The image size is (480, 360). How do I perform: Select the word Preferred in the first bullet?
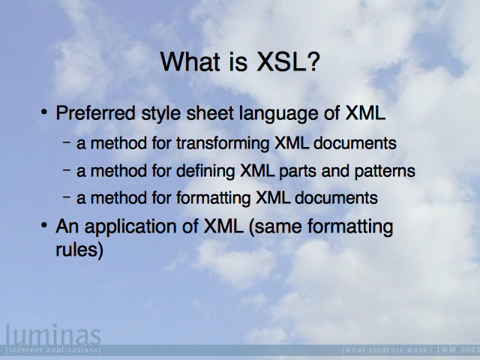pyautogui.click(x=95, y=112)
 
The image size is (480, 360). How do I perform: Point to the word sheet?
pyautogui.click(x=210, y=112)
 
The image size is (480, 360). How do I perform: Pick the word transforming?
pyautogui.click(x=223, y=143)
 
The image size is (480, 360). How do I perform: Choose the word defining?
pyautogui.click(x=205, y=171)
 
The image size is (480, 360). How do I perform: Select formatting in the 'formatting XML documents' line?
pyautogui.click(x=213, y=198)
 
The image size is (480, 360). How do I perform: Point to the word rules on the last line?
pyautogui.click(x=79, y=250)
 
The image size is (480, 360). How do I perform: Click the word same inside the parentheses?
pyautogui.click(x=275, y=227)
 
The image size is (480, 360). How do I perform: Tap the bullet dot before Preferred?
pyautogui.click(x=44, y=112)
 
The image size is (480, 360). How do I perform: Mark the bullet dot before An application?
pyautogui.click(x=44, y=226)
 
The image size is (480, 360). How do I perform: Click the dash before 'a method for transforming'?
pyautogui.click(x=67, y=142)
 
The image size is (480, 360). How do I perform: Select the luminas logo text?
pyautogui.click(x=53, y=334)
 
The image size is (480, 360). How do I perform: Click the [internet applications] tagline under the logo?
pyautogui.click(x=53, y=349)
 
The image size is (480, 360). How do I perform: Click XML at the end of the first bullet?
pyautogui.click(x=365, y=112)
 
